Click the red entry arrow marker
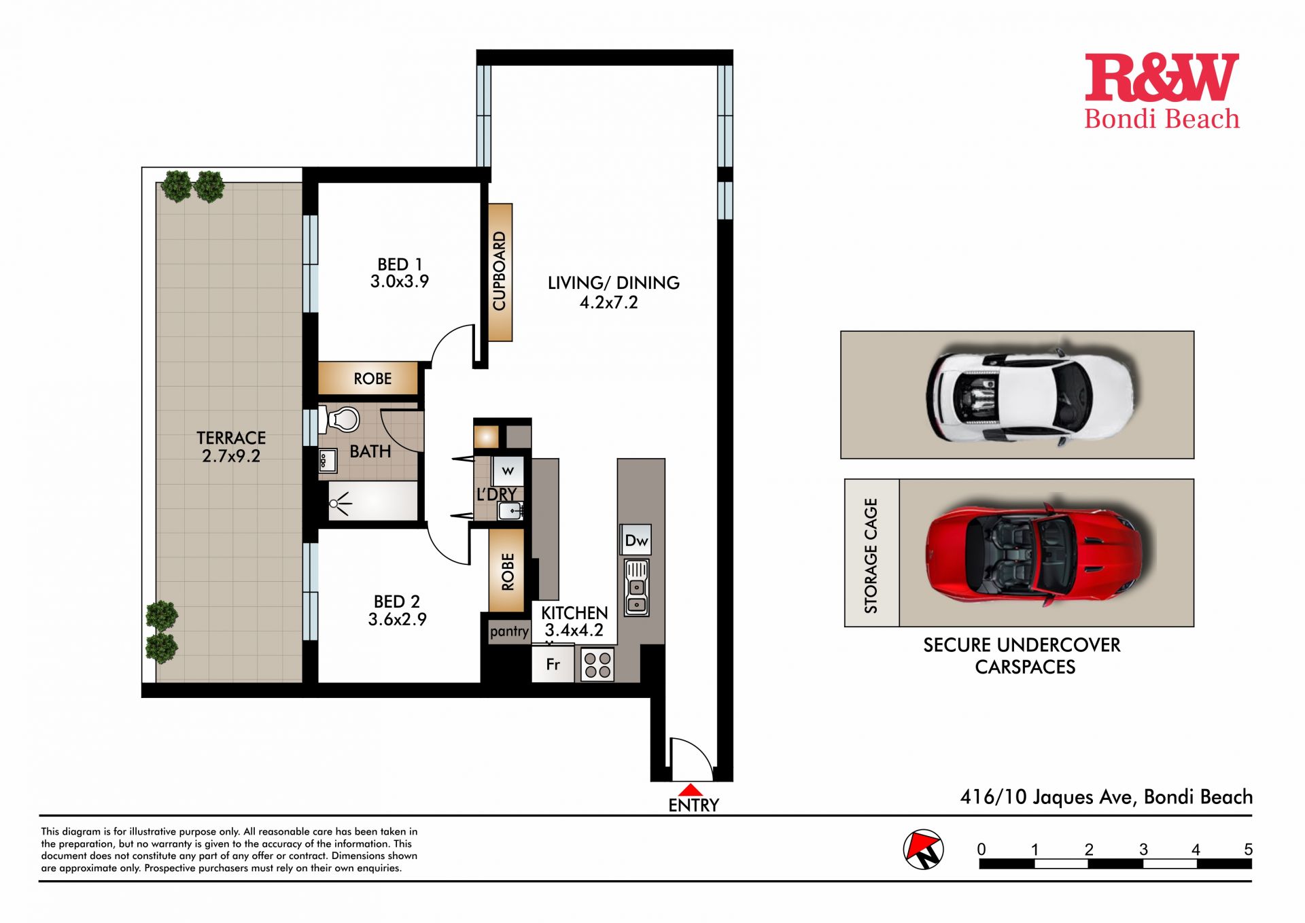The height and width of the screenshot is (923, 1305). [691, 790]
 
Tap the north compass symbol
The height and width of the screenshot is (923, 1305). [924, 850]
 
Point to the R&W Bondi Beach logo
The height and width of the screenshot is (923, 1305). [1162, 92]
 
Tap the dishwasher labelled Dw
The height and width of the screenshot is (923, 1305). [636, 540]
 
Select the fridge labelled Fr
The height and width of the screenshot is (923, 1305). [553, 664]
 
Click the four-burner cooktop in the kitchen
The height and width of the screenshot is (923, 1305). [597, 665]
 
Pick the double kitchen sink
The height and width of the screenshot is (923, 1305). [636, 587]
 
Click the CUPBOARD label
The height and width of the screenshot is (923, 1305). [500, 271]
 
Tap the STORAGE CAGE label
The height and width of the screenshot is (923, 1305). [871, 556]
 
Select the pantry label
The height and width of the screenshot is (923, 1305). [509, 631]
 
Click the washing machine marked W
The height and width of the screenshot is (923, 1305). [508, 470]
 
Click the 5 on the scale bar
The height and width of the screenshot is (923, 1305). [1248, 850]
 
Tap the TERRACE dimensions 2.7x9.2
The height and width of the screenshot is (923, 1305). [231, 456]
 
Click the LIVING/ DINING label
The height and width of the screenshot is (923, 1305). [614, 283]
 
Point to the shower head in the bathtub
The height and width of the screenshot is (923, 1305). [338, 504]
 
